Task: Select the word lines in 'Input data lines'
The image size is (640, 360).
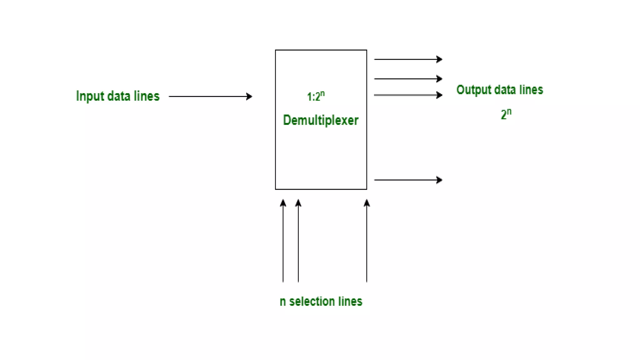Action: (147, 96)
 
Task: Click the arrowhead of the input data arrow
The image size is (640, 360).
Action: (249, 96)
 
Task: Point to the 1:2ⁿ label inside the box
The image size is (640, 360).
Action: (316, 96)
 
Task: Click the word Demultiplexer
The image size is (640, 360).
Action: (321, 120)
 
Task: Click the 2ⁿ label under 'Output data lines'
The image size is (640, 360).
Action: (506, 114)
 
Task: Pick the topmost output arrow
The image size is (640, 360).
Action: (408, 59)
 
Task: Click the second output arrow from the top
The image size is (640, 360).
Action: (408, 79)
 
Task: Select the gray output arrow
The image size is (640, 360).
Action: (408, 95)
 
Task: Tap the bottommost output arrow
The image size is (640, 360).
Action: (408, 180)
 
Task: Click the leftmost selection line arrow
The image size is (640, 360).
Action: (283, 241)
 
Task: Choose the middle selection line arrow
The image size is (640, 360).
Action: (298, 241)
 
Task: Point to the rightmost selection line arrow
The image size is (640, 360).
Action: (367, 241)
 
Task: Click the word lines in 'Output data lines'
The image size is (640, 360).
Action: (531, 90)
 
